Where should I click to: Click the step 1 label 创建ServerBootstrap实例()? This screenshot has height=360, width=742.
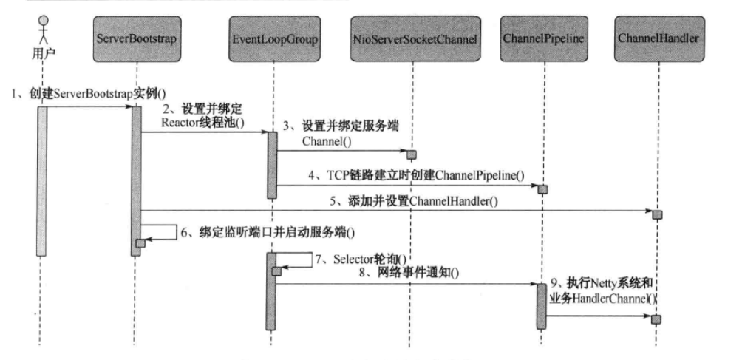tap(90, 93)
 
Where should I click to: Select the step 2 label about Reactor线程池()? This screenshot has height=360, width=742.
tap(197, 115)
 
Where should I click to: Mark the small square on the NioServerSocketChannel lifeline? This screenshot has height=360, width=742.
tap(412, 154)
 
